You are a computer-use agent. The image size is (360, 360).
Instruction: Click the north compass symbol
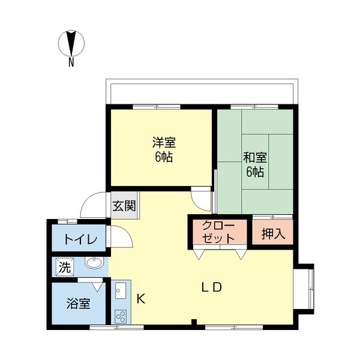click(x=71, y=43)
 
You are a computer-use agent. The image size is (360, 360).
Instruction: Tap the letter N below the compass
click(x=71, y=62)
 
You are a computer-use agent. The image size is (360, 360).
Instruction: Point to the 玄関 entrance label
click(x=124, y=205)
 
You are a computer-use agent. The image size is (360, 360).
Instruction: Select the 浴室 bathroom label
click(x=78, y=303)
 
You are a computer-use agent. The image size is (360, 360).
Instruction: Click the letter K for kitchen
click(x=140, y=297)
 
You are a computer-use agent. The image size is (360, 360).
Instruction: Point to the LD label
click(x=211, y=287)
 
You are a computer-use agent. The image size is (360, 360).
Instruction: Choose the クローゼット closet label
click(x=218, y=232)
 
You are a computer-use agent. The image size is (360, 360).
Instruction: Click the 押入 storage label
click(x=272, y=233)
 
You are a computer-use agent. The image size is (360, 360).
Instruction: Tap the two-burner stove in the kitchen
click(x=120, y=316)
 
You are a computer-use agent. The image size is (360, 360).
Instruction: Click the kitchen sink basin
click(x=119, y=292)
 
